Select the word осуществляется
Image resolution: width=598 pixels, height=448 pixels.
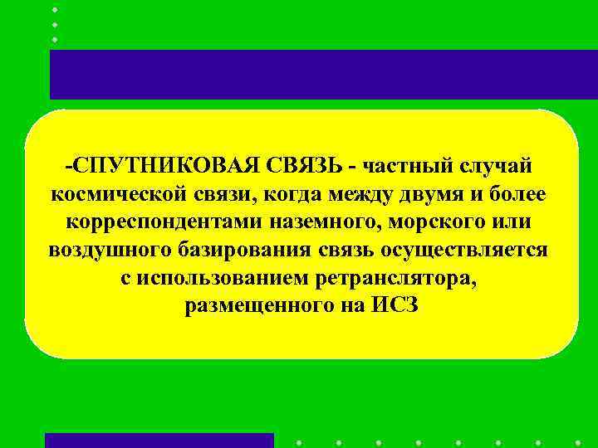click(463, 250)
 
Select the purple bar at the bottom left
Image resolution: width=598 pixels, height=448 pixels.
click(159, 441)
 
